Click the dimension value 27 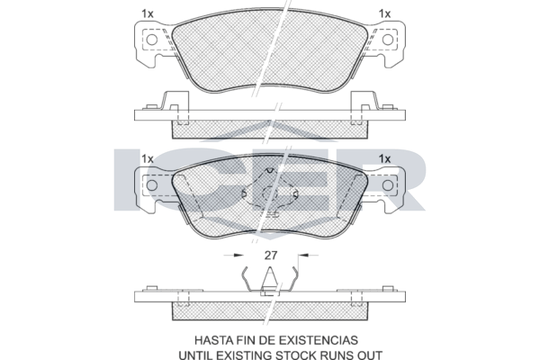(271, 256)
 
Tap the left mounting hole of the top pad (152, 40)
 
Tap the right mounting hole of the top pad (388, 40)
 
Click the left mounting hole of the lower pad (152, 185)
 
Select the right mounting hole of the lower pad (388, 185)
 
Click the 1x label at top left (148, 13)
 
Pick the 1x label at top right (384, 13)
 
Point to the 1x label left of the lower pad (148, 159)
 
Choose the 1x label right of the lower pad (384, 159)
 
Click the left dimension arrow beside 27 (233, 256)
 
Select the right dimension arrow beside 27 (308, 256)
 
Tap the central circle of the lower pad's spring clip (270, 194)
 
